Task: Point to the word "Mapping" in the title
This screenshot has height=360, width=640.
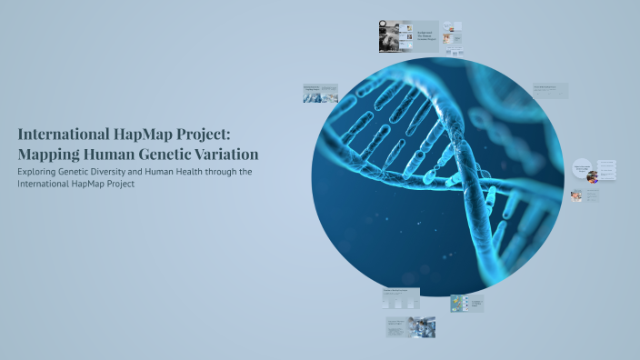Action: click(47, 154)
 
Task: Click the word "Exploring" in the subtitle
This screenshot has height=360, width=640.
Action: click(38, 172)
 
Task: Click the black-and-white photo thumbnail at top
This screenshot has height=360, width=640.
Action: click(395, 37)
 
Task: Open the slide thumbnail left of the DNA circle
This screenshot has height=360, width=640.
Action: click(320, 93)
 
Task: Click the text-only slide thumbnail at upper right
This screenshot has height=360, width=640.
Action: click(550, 90)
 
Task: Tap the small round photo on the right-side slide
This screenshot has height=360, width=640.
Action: click(593, 176)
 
